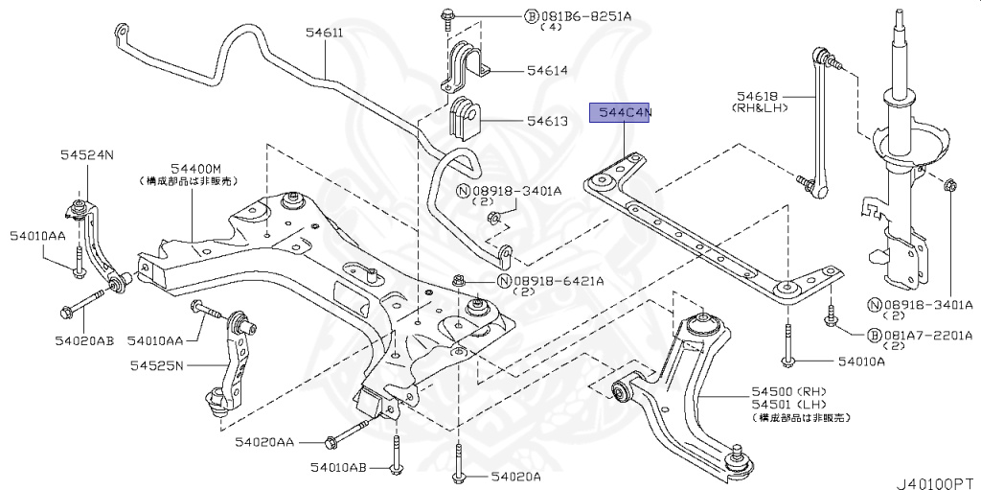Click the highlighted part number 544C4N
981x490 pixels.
click(624, 113)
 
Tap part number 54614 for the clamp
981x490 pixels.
click(546, 70)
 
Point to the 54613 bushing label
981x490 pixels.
click(546, 122)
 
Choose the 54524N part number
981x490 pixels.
click(87, 153)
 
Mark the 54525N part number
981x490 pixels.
click(159, 365)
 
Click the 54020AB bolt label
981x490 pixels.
click(83, 340)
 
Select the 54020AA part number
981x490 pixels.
click(265, 442)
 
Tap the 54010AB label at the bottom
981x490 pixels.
click(338, 467)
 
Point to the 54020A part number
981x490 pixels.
click(516, 476)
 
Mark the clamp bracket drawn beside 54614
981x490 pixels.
click(464, 63)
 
